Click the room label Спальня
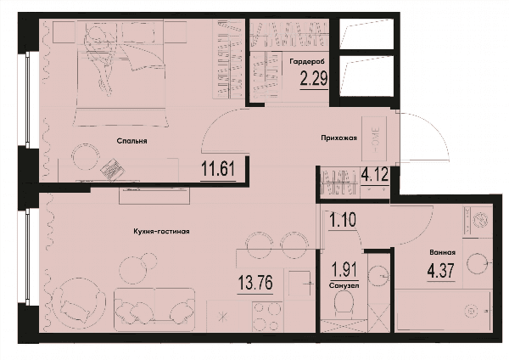coord(131,141)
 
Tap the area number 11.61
coord(218,169)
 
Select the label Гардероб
coord(307,61)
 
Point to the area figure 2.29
coord(314,78)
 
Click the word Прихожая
coord(338,138)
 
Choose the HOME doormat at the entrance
coord(374,138)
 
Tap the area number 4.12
coord(375,176)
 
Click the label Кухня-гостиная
coord(161,232)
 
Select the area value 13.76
coord(255,283)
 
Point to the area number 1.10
coord(343,220)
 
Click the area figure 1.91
coord(344,269)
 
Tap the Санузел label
coord(344,286)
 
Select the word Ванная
coord(442,252)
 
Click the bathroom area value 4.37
coord(441,271)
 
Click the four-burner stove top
coord(267,317)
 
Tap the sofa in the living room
coord(154,310)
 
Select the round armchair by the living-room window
coord(79,303)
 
